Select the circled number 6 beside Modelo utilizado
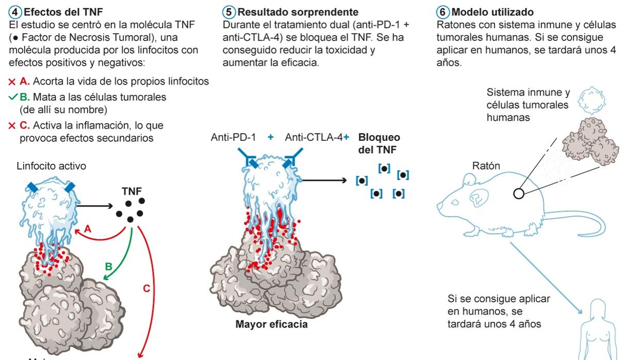tap(441, 11)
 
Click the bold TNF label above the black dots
tap(132, 191)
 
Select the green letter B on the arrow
tap(108, 266)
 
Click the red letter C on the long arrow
tap(147, 288)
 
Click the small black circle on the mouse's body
tap(518, 194)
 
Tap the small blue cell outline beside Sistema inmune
tap(588, 101)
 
